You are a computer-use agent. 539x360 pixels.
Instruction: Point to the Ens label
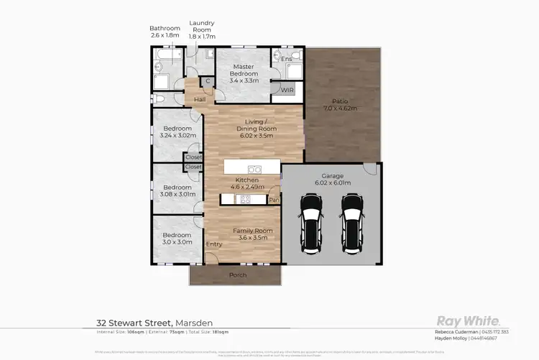(286, 58)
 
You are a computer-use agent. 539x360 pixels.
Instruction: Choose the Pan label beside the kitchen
(273, 200)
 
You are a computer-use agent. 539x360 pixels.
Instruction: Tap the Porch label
(237, 275)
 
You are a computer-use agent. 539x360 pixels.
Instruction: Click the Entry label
(214, 244)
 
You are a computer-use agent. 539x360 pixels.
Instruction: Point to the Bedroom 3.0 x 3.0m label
(176, 239)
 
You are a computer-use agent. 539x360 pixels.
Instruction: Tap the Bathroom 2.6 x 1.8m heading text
(165, 32)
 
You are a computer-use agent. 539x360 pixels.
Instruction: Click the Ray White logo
(468, 321)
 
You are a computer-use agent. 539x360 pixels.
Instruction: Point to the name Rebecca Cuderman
(456, 331)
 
